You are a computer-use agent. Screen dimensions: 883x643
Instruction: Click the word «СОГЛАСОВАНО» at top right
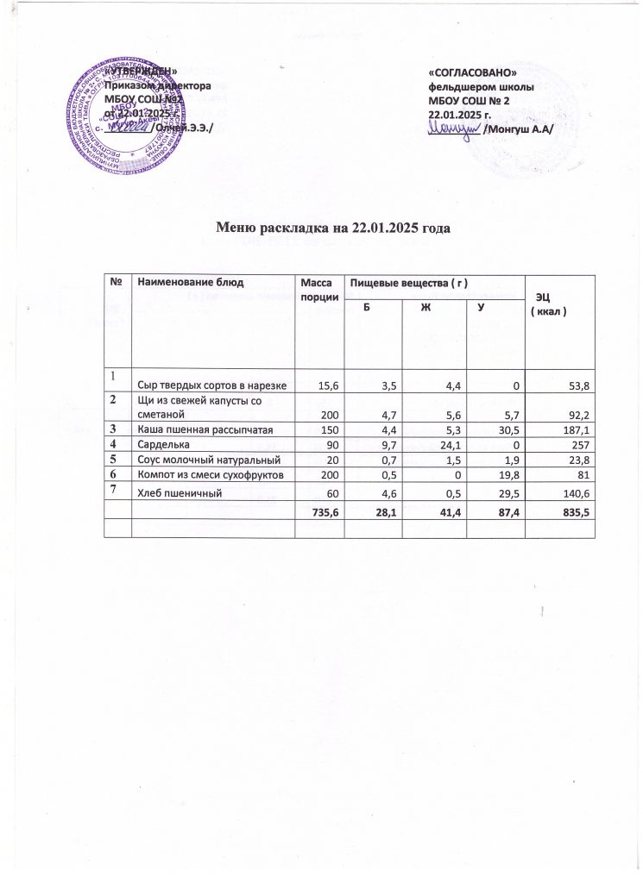coord(472,73)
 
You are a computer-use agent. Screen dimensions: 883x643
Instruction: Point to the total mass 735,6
coord(319,512)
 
